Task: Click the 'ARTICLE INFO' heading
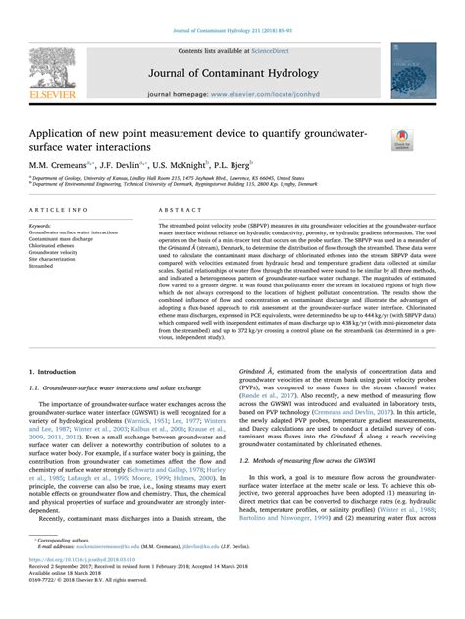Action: tap(57, 210)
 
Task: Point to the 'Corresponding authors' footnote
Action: tap(69, 567)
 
